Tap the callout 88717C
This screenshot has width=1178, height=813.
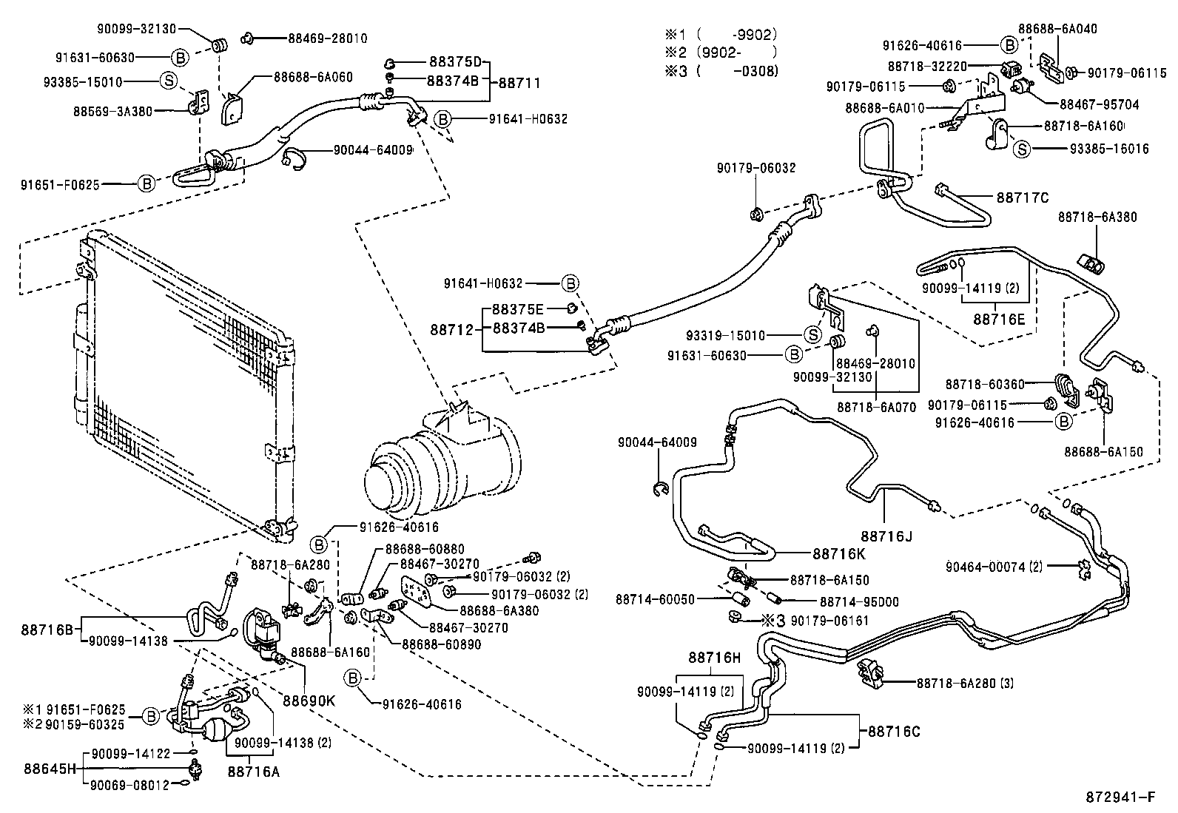pyautogui.click(x=1023, y=198)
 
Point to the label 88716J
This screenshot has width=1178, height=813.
pyautogui.click(x=886, y=536)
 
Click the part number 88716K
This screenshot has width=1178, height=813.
pyautogui.click(x=839, y=553)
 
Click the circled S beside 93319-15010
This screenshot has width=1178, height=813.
pyautogui.click(x=813, y=335)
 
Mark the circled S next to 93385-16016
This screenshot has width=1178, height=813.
pyautogui.click(x=1022, y=149)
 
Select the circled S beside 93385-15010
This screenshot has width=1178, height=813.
pyautogui.click(x=169, y=81)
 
